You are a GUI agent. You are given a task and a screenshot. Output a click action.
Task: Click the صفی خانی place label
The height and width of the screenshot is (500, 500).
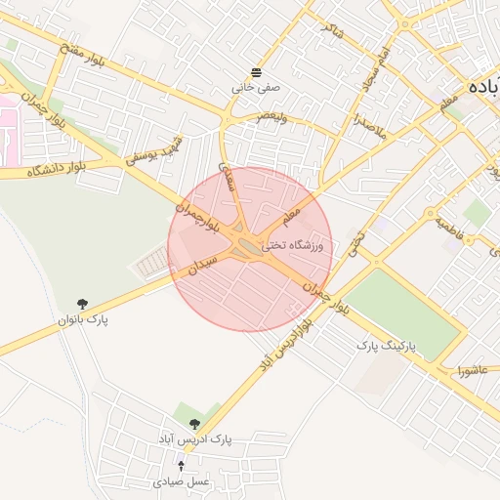pos(256,87)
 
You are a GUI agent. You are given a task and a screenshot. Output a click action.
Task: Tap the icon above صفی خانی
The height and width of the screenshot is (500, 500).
pos(256,72)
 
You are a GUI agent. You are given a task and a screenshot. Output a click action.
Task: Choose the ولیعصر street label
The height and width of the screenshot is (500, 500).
pos(273,115)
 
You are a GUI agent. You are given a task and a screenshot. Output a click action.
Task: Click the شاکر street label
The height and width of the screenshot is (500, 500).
pos(334,37)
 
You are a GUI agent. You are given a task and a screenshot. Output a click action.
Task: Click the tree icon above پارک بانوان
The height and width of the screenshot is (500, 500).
pos(82,305)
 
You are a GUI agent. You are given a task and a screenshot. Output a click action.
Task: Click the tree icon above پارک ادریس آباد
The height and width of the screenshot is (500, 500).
pos(194,424)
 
